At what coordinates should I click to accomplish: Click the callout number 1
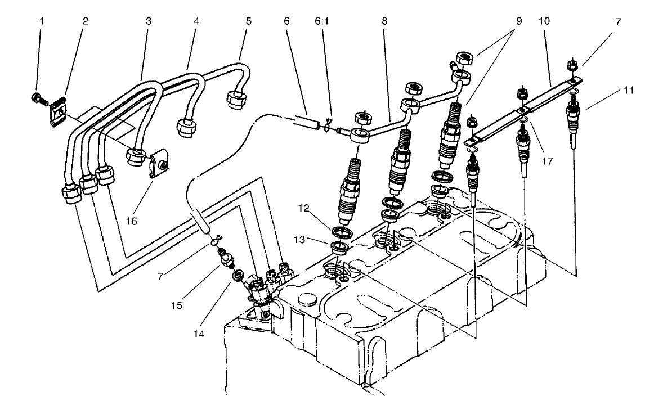coord(41,21)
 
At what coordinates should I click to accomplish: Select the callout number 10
coord(545,21)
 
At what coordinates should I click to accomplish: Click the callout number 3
coord(149,21)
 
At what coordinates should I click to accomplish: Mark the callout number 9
coord(518,21)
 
